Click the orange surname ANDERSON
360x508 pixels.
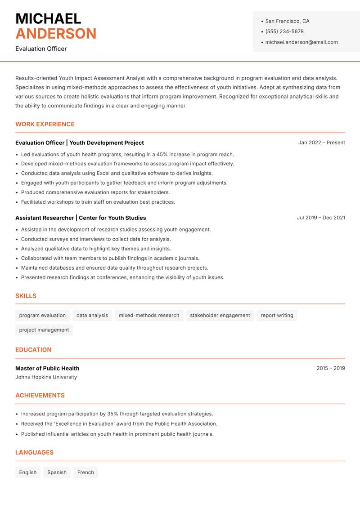(56, 34)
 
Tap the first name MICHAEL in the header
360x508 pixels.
(48, 18)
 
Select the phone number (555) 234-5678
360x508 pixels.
(284, 31)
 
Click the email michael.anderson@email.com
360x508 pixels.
(301, 42)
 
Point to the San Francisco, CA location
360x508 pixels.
(287, 21)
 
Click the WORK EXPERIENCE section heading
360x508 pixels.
(45, 124)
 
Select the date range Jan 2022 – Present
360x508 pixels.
(321, 143)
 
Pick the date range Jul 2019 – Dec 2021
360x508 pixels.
(321, 218)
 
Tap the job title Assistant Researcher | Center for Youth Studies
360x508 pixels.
(81, 218)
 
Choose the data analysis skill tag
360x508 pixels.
(92, 316)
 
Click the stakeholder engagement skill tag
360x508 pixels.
(220, 316)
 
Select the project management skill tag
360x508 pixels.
(44, 330)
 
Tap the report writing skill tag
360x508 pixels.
(277, 316)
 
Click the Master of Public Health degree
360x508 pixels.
(47, 368)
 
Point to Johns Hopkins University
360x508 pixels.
(46, 377)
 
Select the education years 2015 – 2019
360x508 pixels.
(330, 368)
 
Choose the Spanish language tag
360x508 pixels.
(57, 472)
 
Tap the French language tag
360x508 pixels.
(85, 472)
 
